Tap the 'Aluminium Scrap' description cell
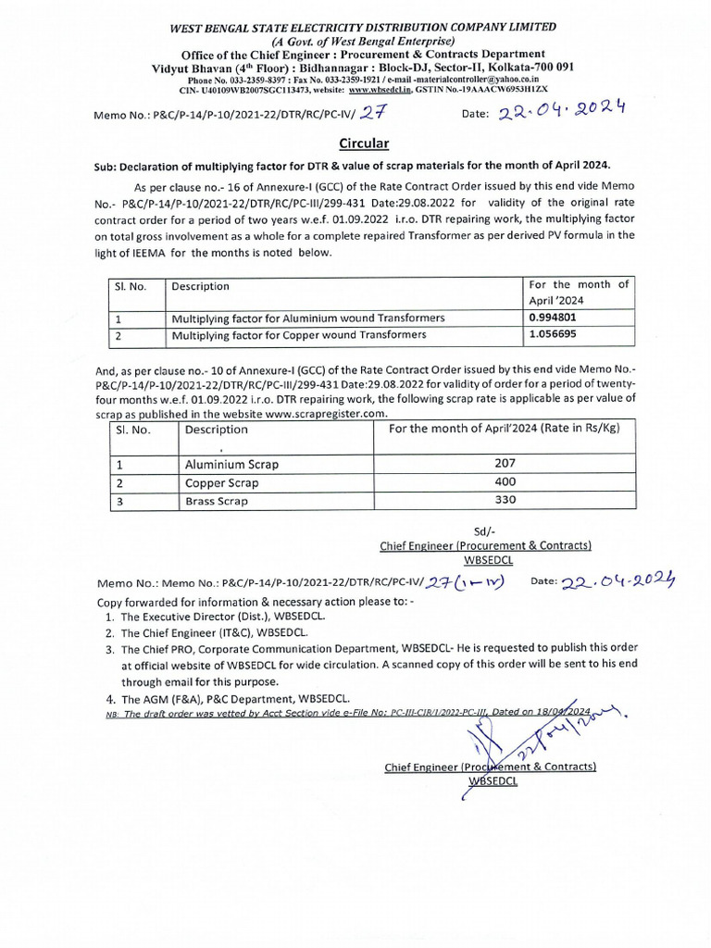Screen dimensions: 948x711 click(231, 463)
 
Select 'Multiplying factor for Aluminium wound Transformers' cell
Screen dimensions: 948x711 click(308, 318)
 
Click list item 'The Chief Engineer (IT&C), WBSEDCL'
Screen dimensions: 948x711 click(209, 632)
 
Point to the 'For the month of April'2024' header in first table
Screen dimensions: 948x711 click(578, 293)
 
